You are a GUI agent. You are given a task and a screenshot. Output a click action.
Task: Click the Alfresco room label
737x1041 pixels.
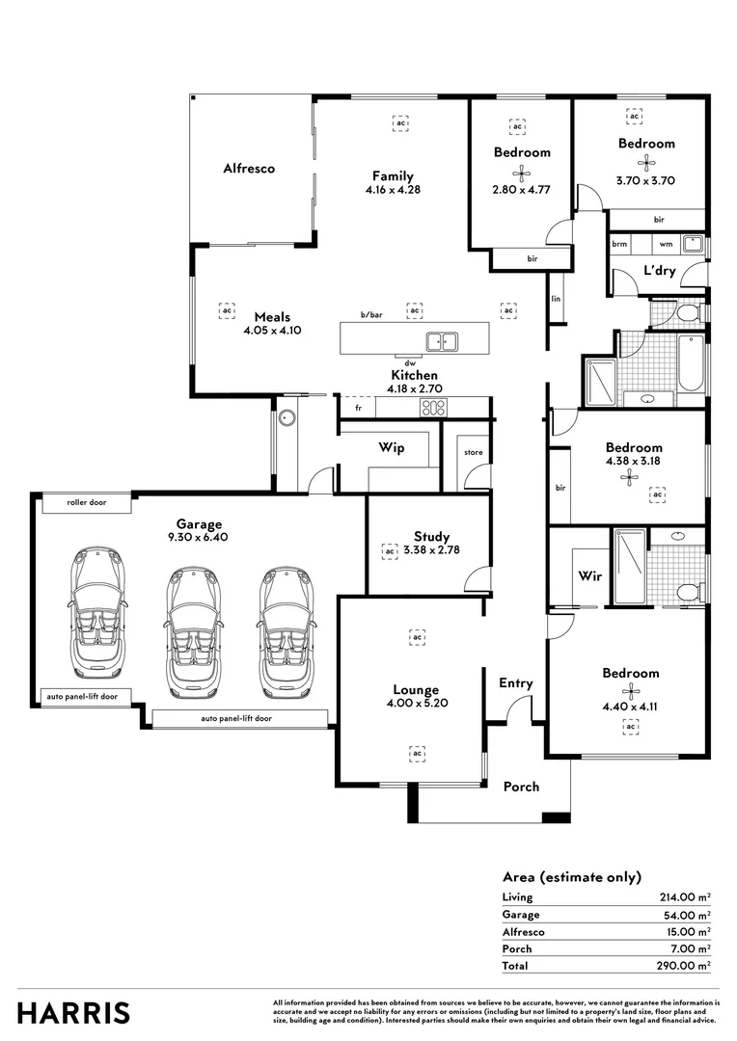[249, 168]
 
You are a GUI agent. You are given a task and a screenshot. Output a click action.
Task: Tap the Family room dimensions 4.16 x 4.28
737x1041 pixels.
[393, 190]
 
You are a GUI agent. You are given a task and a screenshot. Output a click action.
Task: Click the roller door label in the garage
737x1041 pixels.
[87, 503]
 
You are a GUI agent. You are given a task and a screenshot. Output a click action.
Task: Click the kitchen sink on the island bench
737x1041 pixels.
[443, 341]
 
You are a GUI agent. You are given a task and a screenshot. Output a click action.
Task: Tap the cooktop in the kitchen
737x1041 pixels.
[431, 408]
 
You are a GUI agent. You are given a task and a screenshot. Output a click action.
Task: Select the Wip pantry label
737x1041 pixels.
[391, 448]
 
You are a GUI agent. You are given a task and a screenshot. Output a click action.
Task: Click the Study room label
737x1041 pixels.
[431, 537]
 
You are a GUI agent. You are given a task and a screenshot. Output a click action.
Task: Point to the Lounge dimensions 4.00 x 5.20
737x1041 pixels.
[416, 703]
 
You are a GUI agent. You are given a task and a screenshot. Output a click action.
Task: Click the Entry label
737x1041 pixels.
[515, 683]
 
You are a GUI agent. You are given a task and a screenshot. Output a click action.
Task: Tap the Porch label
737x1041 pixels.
[521, 787]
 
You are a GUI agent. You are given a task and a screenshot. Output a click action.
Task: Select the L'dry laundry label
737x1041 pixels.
[659, 271]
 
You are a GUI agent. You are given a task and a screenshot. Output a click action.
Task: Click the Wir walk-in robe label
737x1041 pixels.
[590, 575]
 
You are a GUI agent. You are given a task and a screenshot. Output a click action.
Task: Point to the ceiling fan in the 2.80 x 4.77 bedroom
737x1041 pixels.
[522, 174]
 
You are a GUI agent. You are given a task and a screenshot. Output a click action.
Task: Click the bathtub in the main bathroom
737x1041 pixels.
[691, 363]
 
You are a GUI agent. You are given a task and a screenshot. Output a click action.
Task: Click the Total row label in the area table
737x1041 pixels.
[516, 965]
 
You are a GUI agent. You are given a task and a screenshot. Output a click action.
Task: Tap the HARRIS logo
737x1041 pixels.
[73, 1013]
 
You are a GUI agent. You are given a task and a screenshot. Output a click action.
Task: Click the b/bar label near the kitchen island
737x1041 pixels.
[371, 315]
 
